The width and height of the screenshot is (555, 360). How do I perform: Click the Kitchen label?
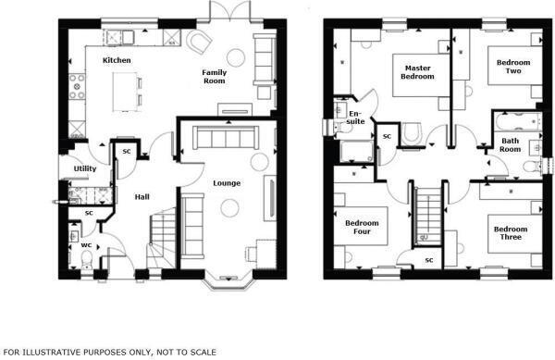pyautogui.click(x=117, y=60)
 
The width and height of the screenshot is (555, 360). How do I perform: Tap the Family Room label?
pyautogui.click(x=215, y=76)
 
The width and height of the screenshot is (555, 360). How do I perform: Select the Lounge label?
pyautogui.click(x=227, y=182)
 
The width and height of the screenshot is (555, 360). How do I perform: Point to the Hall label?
pyautogui.click(x=142, y=196)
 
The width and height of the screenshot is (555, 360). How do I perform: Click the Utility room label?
pyautogui.click(x=86, y=168)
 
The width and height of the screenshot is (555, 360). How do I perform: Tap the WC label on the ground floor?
pyautogui.click(x=85, y=244)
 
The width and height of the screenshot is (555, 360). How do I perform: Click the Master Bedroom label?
pyautogui.click(x=416, y=71)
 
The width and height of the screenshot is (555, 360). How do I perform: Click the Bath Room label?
pyautogui.click(x=510, y=143)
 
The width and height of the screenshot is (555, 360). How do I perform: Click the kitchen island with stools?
pyautogui.click(x=125, y=91)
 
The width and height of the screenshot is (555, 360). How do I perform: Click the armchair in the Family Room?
pyautogui.click(x=197, y=41)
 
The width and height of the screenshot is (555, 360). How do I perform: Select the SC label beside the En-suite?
pyautogui.click(x=387, y=136)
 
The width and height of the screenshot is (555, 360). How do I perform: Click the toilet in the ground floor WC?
pyautogui.click(x=75, y=235)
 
